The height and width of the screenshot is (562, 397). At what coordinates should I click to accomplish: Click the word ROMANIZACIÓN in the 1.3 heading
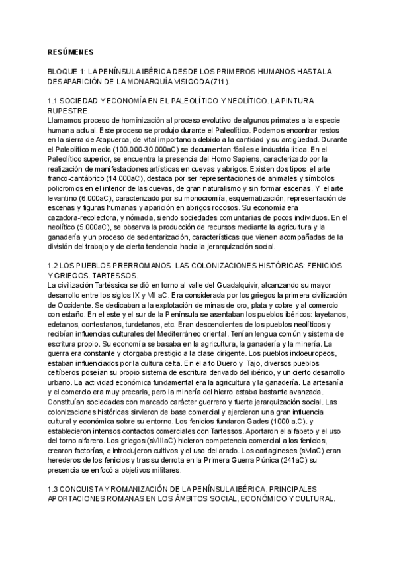pyautogui.click(x=148, y=490)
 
